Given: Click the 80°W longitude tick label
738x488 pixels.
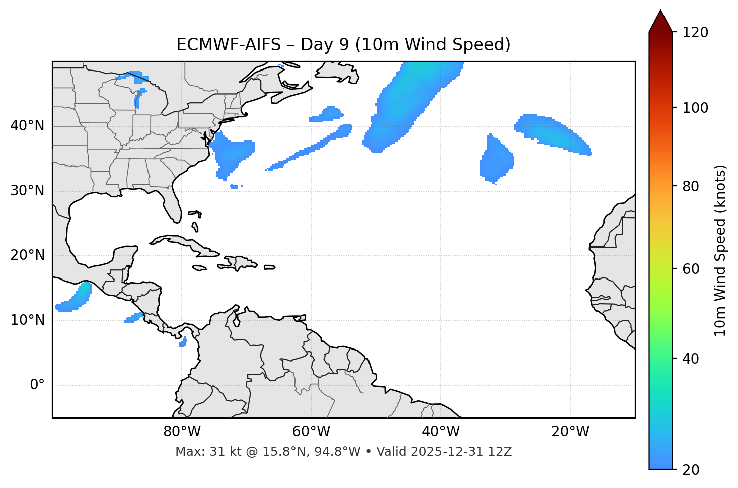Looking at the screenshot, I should (x=182, y=432).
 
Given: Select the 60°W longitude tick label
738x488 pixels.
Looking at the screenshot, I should (x=311, y=432).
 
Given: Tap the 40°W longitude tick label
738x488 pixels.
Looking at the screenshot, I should (x=440, y=432).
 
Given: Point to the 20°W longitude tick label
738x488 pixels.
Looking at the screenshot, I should (x=570, y=432).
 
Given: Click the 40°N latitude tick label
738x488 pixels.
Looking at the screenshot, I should (x=27, y=126).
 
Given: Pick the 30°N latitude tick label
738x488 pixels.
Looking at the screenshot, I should (x=27, y=191).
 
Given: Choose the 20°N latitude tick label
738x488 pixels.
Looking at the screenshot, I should (x=27, y=255).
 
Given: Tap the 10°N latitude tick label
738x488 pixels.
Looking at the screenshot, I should (x=27, y=320).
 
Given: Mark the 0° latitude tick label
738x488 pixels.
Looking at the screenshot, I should (x=37, y=385).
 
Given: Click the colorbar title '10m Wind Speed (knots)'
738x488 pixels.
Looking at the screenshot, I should (x=720, y=250).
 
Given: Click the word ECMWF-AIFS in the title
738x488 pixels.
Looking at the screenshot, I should (x=229, y=45).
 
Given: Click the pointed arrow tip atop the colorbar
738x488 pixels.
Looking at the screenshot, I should (x=660, y=12).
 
